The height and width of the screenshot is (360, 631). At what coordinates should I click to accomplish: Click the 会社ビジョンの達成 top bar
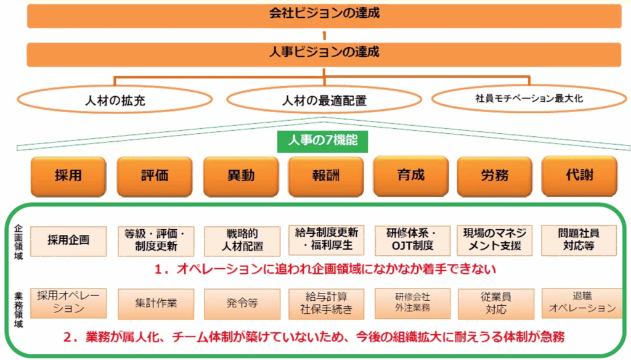tap(324, 15)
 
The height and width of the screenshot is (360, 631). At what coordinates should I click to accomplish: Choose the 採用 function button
tap(68, 176)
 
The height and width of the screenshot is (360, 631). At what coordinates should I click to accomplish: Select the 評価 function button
tap(155, 176)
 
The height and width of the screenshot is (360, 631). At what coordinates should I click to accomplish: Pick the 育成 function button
tap(410, 176)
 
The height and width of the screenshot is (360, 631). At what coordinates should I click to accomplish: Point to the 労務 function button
tap(495, 176)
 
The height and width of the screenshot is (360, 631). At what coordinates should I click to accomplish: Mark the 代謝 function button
tap(579, 176)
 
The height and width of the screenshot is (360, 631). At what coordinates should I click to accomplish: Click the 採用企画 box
tap(68, 240)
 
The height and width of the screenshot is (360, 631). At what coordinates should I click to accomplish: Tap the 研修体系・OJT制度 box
tap(411, 240)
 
